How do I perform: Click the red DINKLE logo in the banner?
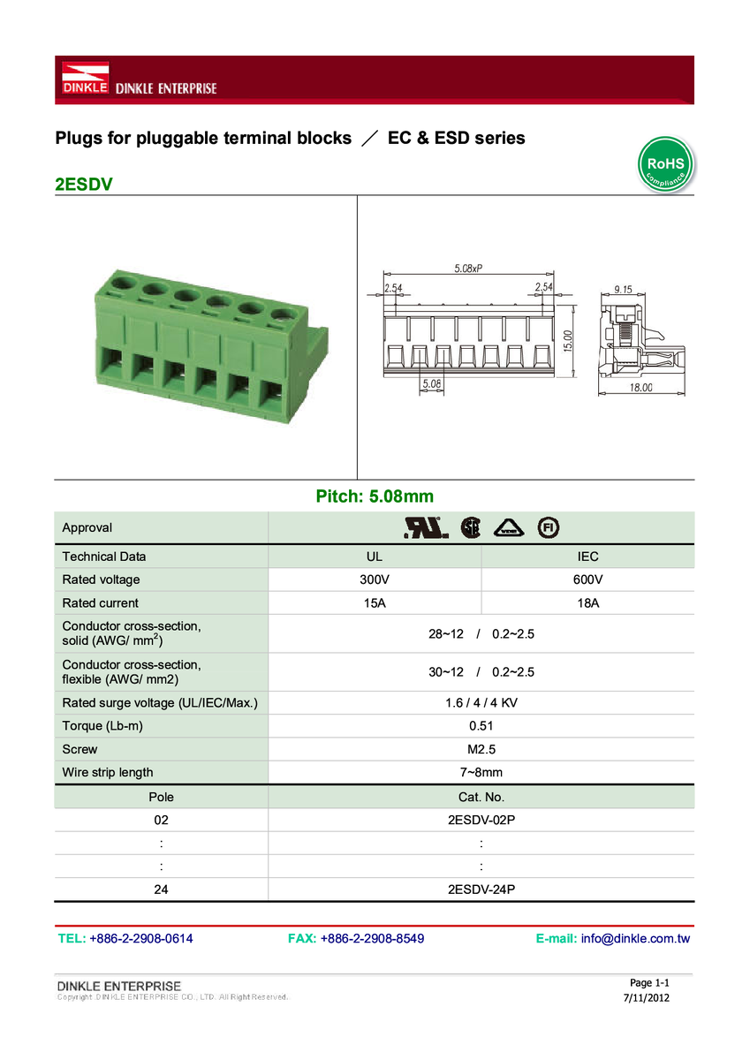tap(85, 78)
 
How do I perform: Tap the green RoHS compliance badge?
tap(665, 164)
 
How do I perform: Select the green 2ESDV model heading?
tap(84, 184)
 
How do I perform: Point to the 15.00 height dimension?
tap(568, 341)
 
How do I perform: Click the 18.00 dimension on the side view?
tap(640, 388)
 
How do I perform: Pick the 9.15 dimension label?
tap(623, 289)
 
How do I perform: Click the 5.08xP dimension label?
tap(468, 269)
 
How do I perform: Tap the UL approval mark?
tap(427, 527)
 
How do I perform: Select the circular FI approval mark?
tap(549, 527)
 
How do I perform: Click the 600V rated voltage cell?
tap(587, 579)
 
